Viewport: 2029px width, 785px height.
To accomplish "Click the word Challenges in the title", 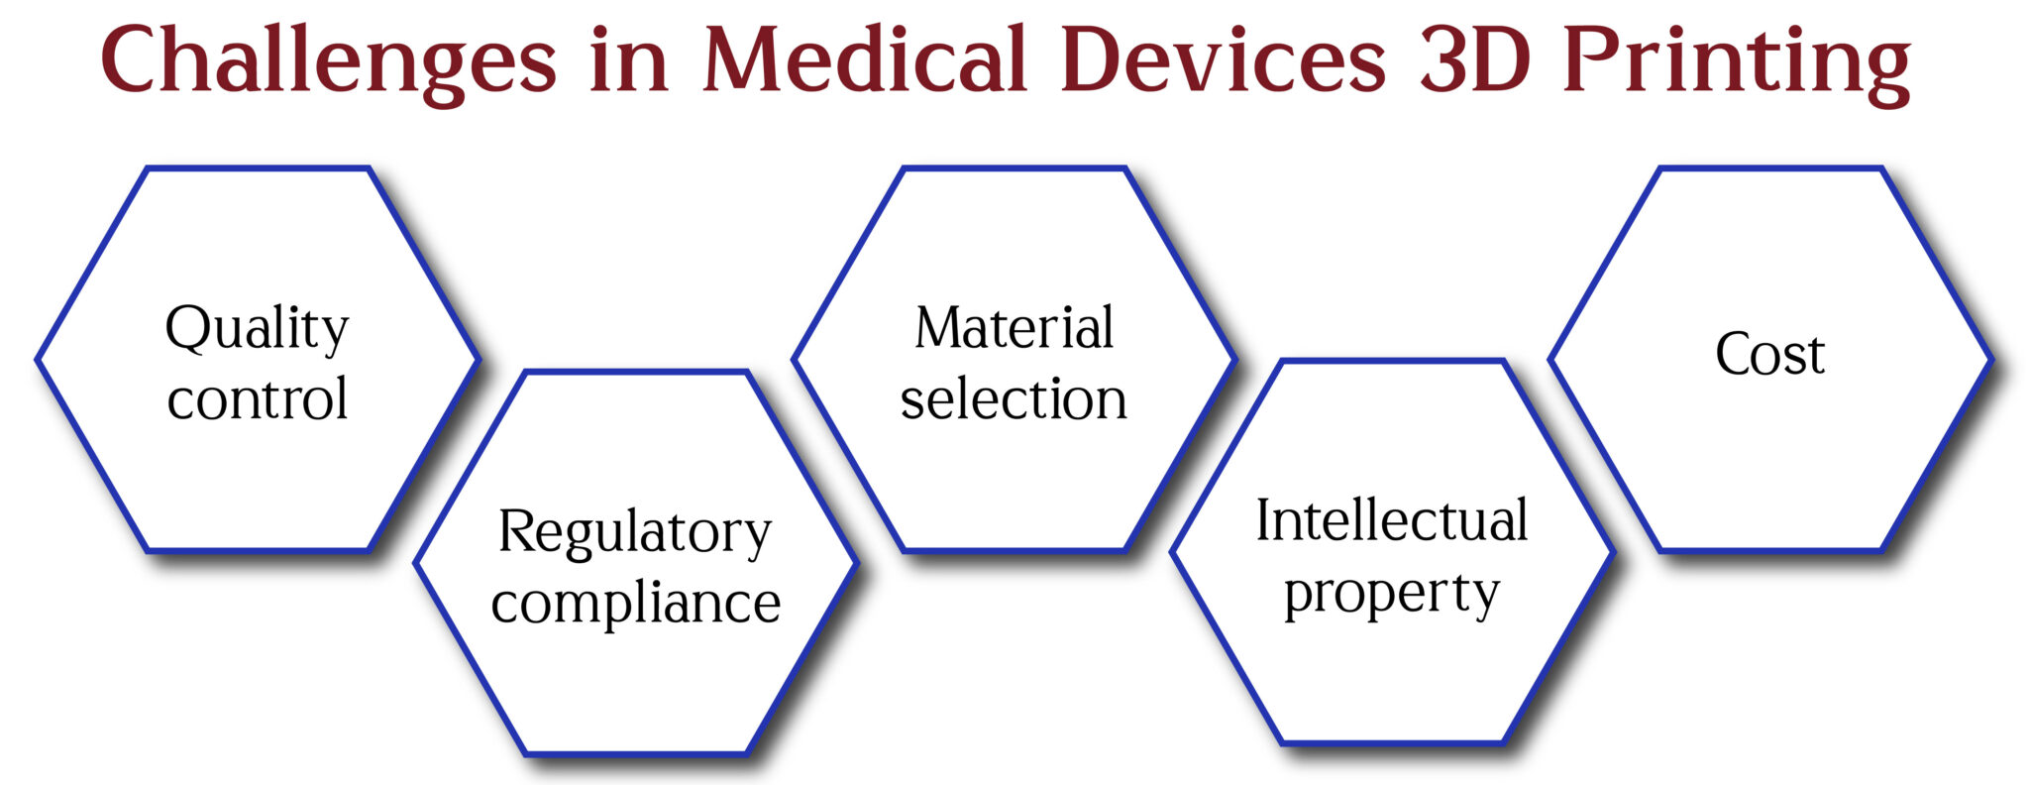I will click(x=328, y=61).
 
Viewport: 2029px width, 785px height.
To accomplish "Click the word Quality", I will click(x=257, y=329).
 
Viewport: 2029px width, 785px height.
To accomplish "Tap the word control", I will click(x=257, y=398).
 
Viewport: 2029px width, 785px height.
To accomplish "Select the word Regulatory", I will click(x=634, y=533).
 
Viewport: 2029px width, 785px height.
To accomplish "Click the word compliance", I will click(x=635, y=603).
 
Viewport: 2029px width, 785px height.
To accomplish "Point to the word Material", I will click(x=1014, y=328).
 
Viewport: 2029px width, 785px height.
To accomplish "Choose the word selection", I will click(x=1014, y=398).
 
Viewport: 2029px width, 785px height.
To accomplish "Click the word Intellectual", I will click(x=1392, y=520).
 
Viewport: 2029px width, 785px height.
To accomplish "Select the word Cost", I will click(x=1769, y=354).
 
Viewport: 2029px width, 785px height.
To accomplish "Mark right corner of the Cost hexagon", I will click(x=1988, y=359).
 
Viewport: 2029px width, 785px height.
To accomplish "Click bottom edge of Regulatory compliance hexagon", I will click(x=635, y=752).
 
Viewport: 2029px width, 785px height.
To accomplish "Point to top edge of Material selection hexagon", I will click(x=1014, y=169).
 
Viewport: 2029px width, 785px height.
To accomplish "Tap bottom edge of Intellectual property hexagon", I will click(x=1392, y=741).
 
